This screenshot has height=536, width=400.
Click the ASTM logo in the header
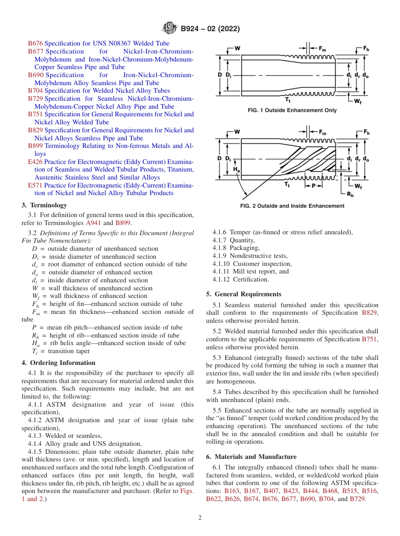[x=170, y=29]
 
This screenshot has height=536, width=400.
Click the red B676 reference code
[x=35, y=43]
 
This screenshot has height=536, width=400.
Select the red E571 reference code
[x=35, y=185]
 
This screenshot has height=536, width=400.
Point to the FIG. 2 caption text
[x=292, y=206]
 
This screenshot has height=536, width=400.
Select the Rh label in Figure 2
[x=349, y=194]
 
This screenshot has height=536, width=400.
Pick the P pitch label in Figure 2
[x=313, y=185]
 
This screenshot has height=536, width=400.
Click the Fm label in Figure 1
[x=322, y=49]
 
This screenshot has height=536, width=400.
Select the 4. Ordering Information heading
[x=58, y=363]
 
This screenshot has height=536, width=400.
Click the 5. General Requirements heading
[x=243, y=294]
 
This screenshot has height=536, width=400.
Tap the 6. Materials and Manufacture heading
[x=251, y=457]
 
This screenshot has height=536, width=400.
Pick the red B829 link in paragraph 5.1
[x=370, y=313]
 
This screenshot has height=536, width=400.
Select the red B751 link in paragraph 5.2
[x=370, y=339]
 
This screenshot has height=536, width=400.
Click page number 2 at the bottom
[x=200, y=518]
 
